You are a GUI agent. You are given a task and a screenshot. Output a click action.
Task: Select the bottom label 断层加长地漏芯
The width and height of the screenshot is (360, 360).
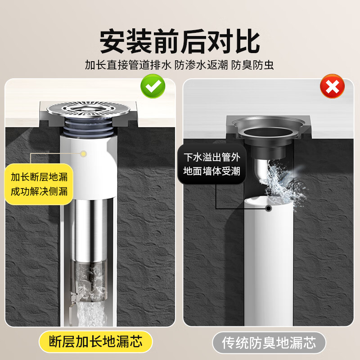click(96, 342)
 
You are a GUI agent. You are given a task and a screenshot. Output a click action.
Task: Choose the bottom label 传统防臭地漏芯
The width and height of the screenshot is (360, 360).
click(269, 343)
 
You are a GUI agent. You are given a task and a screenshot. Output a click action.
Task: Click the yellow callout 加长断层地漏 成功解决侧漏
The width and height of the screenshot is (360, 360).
click(40, 183)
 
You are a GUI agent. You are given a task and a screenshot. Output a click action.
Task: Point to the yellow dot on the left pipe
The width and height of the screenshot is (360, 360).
click(83, 153)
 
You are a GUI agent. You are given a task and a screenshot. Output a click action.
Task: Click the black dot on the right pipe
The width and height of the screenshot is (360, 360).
click(269, 208)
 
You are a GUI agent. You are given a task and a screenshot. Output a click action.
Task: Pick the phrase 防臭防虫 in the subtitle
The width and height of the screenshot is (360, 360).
click(252, 66)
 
